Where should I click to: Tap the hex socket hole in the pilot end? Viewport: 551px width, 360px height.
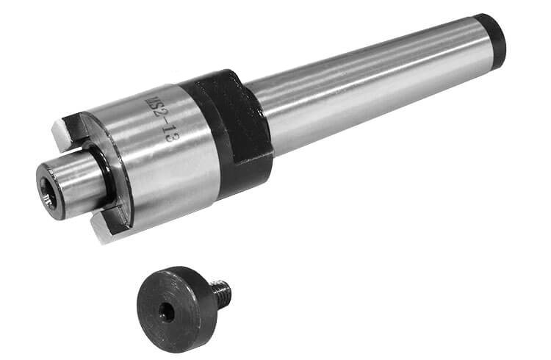coord(46,192)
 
